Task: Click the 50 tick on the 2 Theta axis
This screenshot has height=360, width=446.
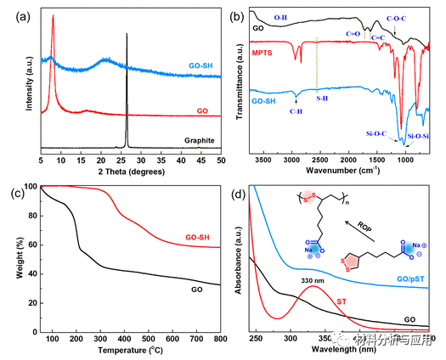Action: point(220,159)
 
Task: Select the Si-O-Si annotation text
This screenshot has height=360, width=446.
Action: point(422,135)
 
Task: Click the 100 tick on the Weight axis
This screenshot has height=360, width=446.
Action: point(31,186)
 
